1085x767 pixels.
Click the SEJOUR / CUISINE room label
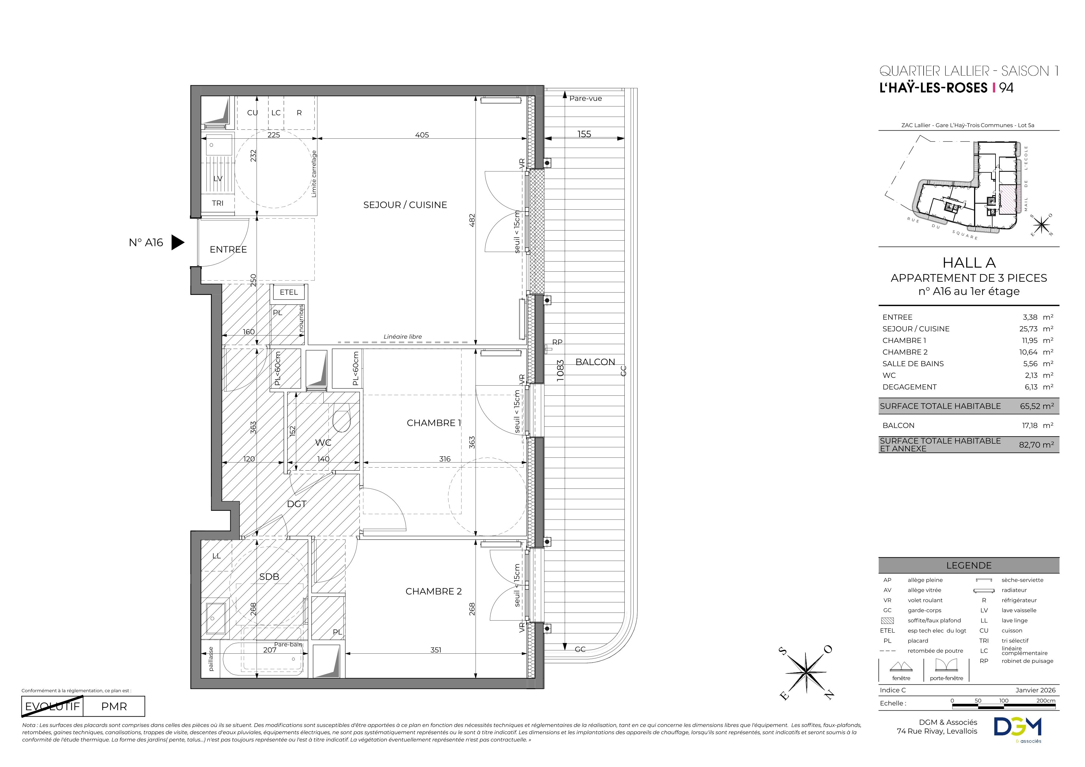tap(405, 205)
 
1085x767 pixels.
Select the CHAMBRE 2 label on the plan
tap(433, 591)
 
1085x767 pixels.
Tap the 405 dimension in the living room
tap(422, 135)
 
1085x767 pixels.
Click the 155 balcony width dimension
tap(584, 134)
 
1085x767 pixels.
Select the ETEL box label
tap(289, 292)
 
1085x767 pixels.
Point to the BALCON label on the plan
tap(595, 362)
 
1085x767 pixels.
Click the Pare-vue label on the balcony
tap(586, 99)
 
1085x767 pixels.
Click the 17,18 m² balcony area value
tap(1038, 426)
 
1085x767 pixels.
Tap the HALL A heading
tap(969, 263)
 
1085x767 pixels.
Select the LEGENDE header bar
tap(969, 565)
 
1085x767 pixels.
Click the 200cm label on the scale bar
tap(1045, 701)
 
